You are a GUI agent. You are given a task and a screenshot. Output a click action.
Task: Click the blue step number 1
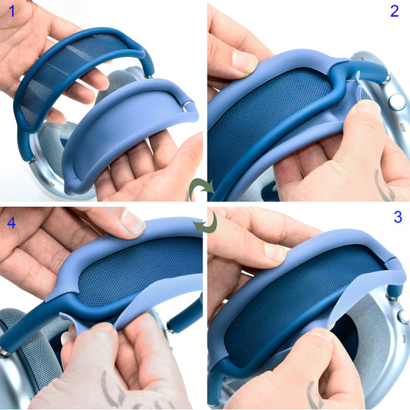click(x=11, y=12)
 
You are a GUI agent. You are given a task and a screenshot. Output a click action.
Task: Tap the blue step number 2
click(x=395, y=12)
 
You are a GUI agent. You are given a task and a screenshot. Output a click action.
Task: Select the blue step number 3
click(x=397, y=218)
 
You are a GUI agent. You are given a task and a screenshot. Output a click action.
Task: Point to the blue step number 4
click(x=11, y=222)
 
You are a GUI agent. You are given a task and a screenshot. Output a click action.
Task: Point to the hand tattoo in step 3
click(x=317, y=396)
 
